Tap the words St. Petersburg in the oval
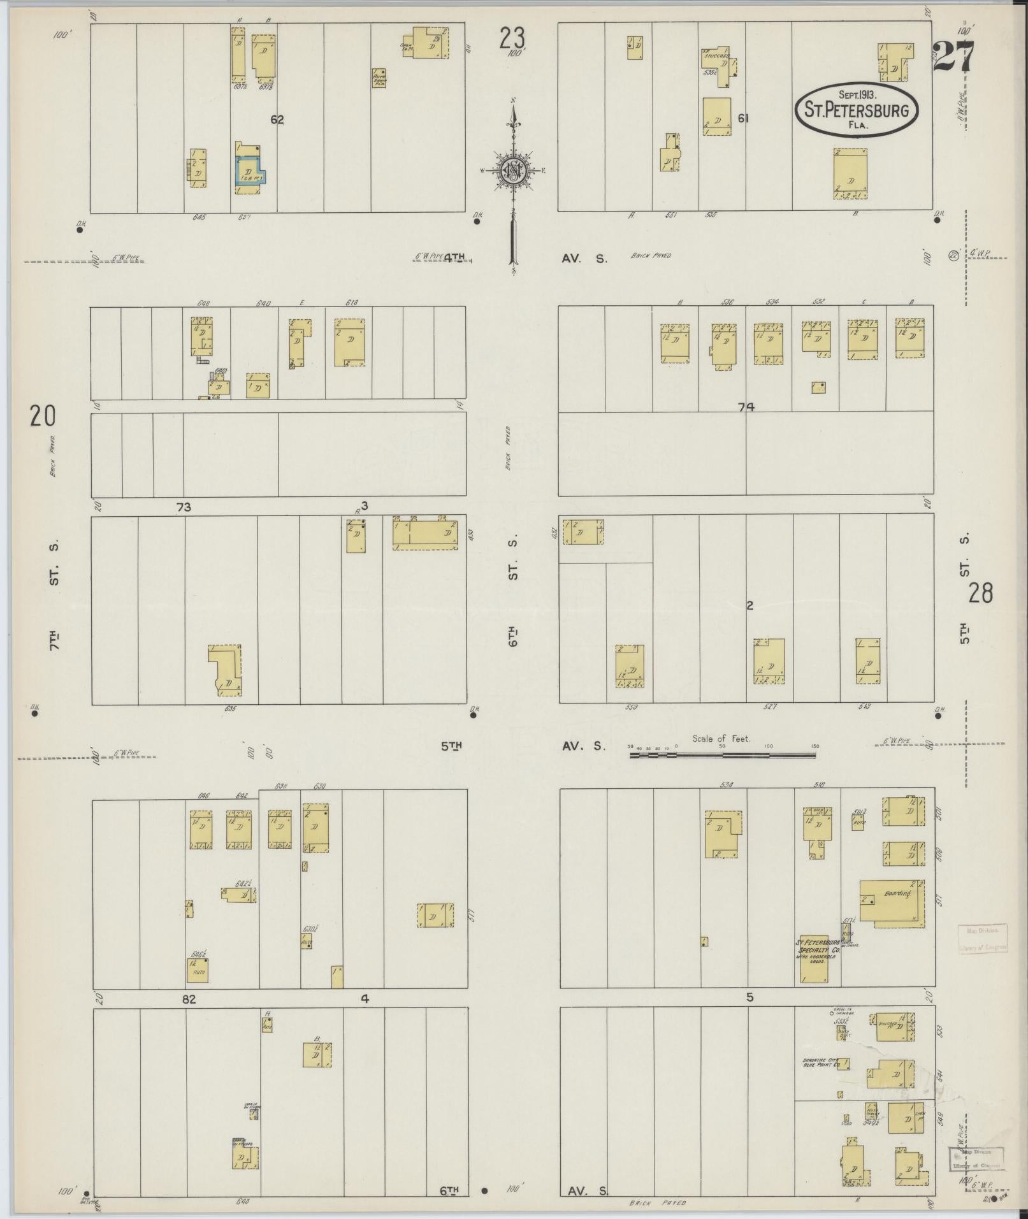(856, 110)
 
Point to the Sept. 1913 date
(855, 94)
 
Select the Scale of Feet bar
(723, 755)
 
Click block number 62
(277, 119)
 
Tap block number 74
(746, 407)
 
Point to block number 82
(189, 1000)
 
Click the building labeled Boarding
(892, 900)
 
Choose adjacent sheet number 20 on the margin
(42, 416)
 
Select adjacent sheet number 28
(980, 593)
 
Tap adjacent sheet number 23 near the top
(512, 39)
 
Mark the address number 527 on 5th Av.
(770, 707)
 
